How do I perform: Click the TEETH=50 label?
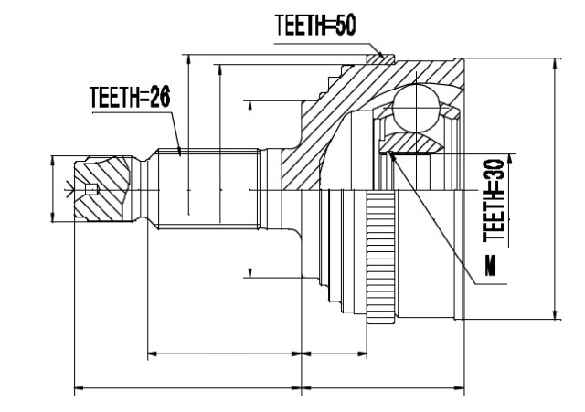[315, 25]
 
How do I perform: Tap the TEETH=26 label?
[130, 97]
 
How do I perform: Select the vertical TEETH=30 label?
[494, 200]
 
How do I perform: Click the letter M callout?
[491, 266]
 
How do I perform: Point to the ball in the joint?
[415, 108]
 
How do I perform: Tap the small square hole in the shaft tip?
[91, 189]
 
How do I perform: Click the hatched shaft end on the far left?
[103, 189]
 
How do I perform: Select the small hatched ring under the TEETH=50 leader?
[380, 58]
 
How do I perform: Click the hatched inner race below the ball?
[410, 143]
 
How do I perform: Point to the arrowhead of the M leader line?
[391, 154]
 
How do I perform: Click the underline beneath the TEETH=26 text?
[132, 111]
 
